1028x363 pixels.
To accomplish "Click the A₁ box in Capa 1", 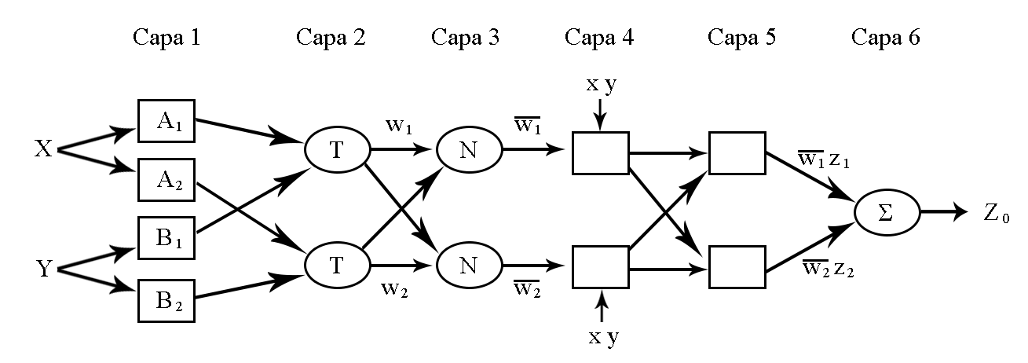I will click(x=166, y=121).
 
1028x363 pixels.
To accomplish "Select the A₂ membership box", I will click(x=166, y=180).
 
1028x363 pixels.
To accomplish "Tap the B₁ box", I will click(x=166, y=237).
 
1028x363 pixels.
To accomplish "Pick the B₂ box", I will click(x=166, y=300).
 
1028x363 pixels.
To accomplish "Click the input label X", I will click(x=43, y=148).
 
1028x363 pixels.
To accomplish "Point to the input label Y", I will click(x=44, y=269).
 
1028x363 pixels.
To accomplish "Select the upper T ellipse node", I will click(x=337, y=149).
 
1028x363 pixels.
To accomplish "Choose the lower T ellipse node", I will click(x=337, y=266).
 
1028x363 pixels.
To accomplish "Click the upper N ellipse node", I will click(x=469, y=149).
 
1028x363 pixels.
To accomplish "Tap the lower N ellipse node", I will click(x=469, y=266).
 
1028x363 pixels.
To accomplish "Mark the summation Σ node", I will click(x=887, y=212).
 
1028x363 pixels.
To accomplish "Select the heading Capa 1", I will click(x=166, y=37).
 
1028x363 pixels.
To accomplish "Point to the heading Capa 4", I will click(x=599, y=37).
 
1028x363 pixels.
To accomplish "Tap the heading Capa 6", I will click(x=886, y=37).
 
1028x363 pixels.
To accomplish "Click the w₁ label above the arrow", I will click(x=399, y=126).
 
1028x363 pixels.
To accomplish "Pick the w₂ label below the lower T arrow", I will click(x=394, y=289).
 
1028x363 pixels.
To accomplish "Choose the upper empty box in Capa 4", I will click(x=601, y=153).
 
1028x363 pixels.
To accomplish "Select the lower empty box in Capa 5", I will click(x=737, y=267).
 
